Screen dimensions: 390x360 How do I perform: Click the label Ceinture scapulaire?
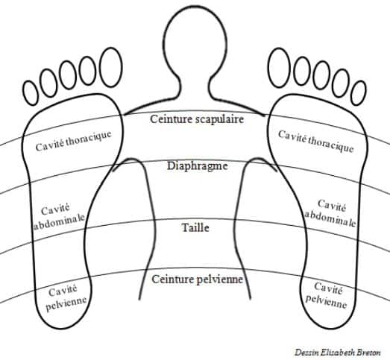click(x=197, y=119)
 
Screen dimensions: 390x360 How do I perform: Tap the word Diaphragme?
click(x=198, y=165)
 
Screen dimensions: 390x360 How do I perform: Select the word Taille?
click(x=195, y=227)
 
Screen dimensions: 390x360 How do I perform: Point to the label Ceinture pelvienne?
click(x=198, y=280)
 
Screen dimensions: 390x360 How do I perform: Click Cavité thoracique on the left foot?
click(x=73, y=140)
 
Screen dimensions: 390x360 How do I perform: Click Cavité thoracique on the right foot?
click(x=316, y=141)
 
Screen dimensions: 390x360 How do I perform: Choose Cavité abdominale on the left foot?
click(x=59, y=215)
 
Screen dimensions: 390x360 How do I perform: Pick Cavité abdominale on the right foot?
click(x=331, y=213)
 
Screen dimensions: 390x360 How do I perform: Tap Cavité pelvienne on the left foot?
click(x=66, y=297)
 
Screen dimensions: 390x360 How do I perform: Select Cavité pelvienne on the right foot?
click(x=327, y=295)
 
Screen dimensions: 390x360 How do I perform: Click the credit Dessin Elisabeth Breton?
click(x=338, y=352)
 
